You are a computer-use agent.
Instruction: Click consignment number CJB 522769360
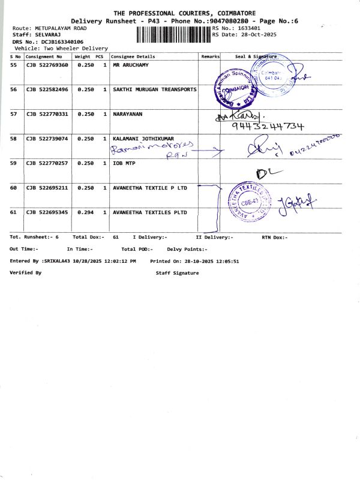(x=47, y=65)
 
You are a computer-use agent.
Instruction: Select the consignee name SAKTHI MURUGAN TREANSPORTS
(x=155, y=89)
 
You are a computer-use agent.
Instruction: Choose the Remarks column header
(x=211, y=56)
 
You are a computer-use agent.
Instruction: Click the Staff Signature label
(x=177, y=273)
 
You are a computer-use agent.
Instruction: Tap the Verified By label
(x=26, y=273)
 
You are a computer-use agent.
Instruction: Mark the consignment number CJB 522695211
(x=47, y=188)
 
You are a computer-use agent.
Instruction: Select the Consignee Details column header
(x=133, y=56)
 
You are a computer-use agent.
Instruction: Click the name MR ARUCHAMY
(x=131, y=65)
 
